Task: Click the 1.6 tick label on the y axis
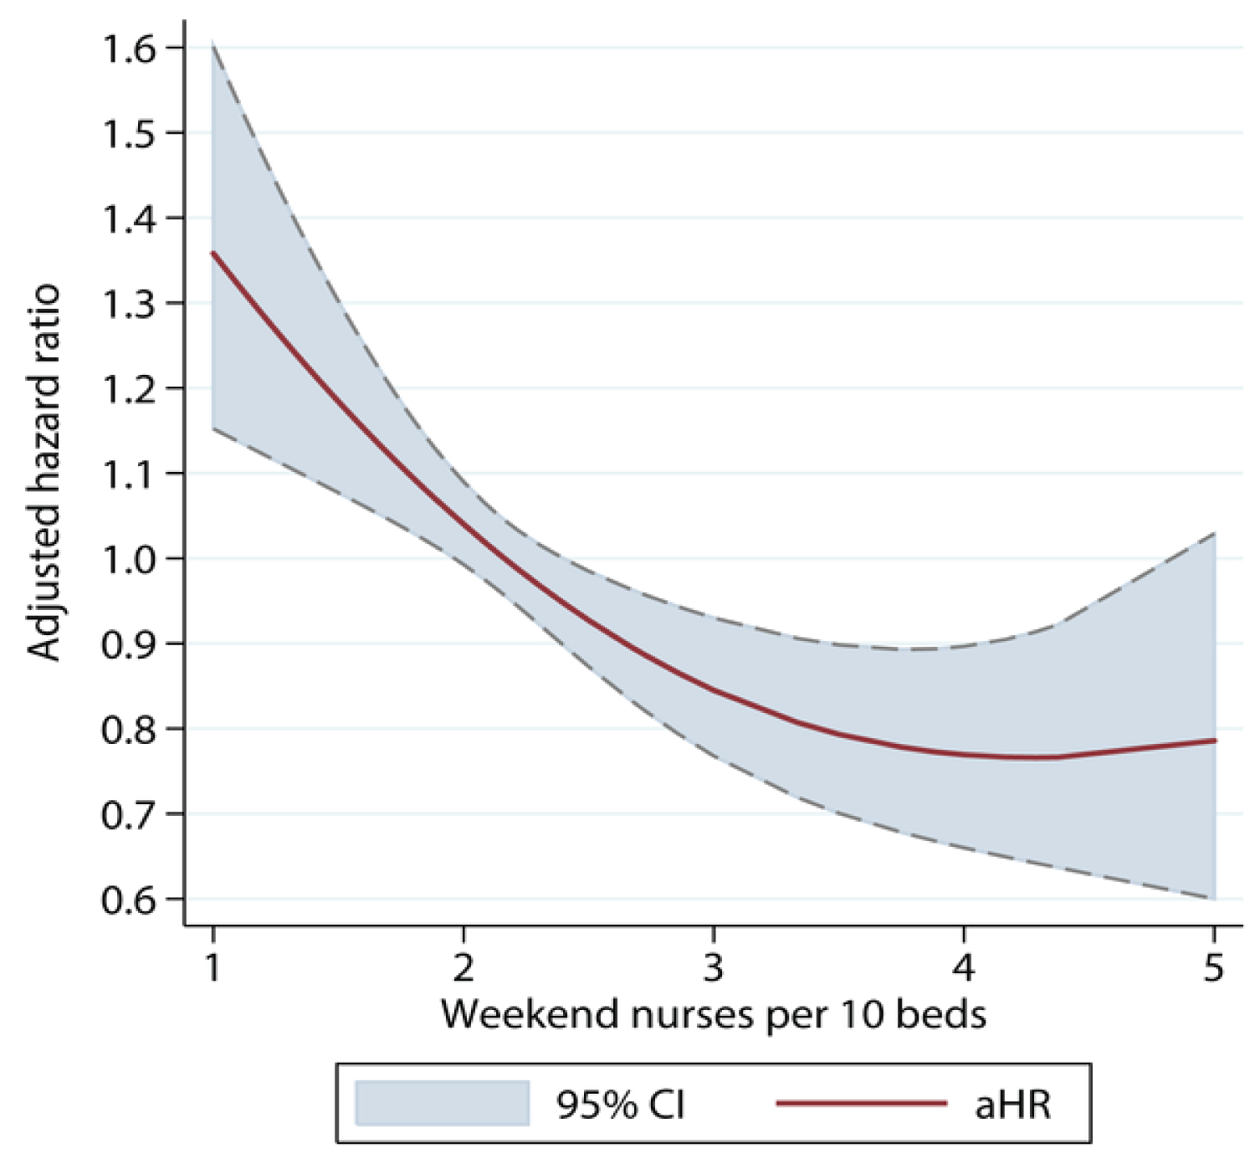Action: pyautogui.click(x=128, y=49)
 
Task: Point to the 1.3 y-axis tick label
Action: pyautogui.click(x=128, y=304)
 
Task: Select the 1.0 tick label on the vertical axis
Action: pyautogui.click(x=128, y=559)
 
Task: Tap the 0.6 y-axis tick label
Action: pyautogui.click(x=128, y=900)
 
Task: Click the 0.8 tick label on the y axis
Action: pyautogui.click(x=128, y=729)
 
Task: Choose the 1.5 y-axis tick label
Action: pyautogui.click(x=128, y=134)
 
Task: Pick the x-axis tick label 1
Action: pyautogui.click(x=213, y=967)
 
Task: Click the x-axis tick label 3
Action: pyautogui.click(x=713, y=967)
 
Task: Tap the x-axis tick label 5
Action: pyautogui.click(x=1213, y=967)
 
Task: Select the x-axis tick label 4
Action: pyautogui.click(x=964, y=967)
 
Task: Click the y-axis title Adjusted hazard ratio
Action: pyautogui.click(x=44, y=473)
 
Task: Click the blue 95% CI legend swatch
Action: pyautogui.click(x=442, y=1103)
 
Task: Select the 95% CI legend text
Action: pyautogui.click(x=621, y=1105)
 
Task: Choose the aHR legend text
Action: pyautogui.click(x=1012, y=1105)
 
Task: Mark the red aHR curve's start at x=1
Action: pyautogui.click(x=214, y=252)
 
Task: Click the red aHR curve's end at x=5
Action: pyautogui.click(x=1214, y=741)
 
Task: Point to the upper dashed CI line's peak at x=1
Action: pyautogui.click(x=213, y=41)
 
